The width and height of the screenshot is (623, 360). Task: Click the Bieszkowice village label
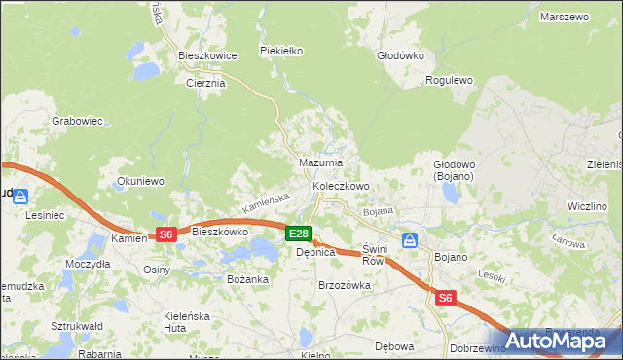click(x=207, y=56)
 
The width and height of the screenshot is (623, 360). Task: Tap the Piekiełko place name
click(x=282, y=50)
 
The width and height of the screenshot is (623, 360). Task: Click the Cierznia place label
click(x=205, y=83)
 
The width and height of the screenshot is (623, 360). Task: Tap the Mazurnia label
click(x=320, y=162)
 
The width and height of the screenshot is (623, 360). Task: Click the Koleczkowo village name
click(x=340, y=185)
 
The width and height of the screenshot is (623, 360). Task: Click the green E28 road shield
click(x=299, y=234)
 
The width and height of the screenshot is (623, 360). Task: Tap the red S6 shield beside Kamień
click(x=166, y=234)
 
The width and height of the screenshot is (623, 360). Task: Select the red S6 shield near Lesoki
click(x=446, y=299)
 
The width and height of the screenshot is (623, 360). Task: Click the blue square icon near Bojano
click(x=410, y=239)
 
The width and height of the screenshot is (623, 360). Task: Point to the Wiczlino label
click(x=588, y=206)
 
